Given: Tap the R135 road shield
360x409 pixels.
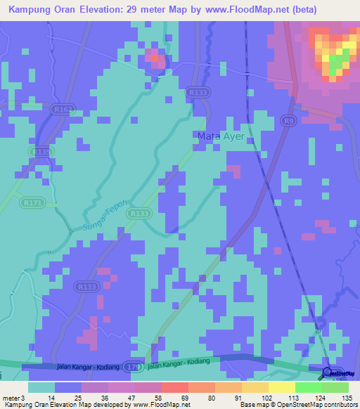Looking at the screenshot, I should [x=41, y=152].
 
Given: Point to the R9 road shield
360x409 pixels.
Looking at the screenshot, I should [x=288, y=121].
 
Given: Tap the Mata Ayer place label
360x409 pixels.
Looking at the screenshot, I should [x=221, y=136].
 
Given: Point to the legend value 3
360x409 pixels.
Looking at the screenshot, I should [x=22, y=398].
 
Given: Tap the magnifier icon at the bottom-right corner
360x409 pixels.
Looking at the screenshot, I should [x=328, y=372].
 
